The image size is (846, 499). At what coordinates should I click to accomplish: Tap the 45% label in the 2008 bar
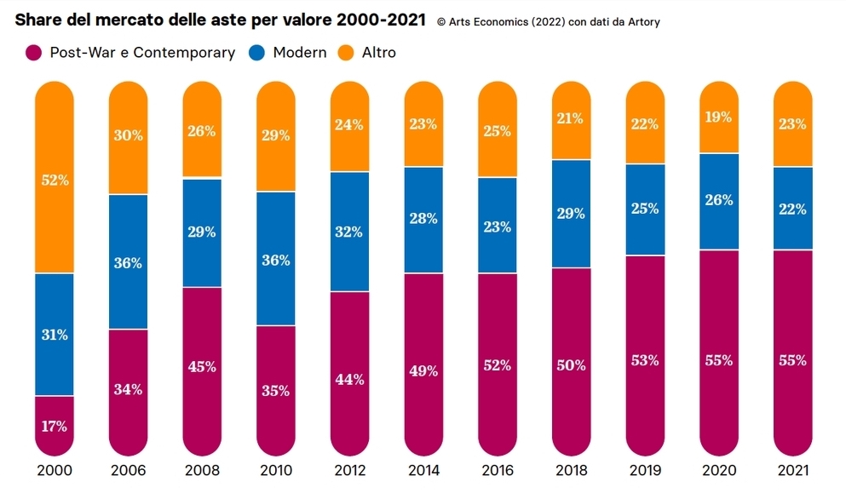click(x=202, y=367)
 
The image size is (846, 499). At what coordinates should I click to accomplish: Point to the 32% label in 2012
click(x=349, y=232)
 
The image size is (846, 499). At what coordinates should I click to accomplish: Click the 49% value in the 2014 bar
click(x=423, y=370)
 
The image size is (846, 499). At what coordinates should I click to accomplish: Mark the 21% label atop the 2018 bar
click(x=571, y=118)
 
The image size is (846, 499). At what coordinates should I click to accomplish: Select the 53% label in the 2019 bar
click(x=645, y=360)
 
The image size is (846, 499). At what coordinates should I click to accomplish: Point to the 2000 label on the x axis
click(x=55, y=471)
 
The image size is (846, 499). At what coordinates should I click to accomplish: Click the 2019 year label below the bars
click(x=645, y=471)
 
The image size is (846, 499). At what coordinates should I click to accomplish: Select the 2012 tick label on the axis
click(x=349, y=471)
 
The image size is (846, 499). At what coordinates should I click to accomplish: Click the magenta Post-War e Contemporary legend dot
click(x=33, y=53)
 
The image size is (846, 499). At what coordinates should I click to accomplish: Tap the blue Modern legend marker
click(x=256, y=53)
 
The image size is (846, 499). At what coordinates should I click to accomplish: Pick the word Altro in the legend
click(x=379, y=53)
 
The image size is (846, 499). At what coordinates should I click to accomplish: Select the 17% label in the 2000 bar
click(x=55, y=426)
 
